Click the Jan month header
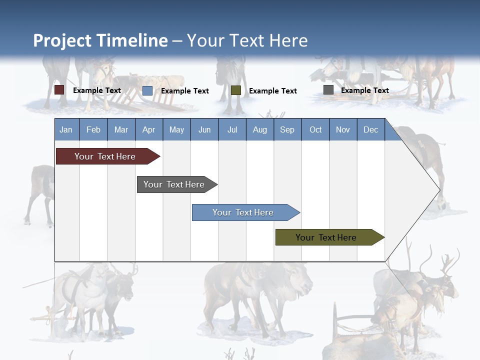[66, 129]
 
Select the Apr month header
[148, 129]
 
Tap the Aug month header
[259, 129]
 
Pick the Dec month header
[370, 129]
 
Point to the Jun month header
[204, 129]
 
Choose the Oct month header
[315, 129]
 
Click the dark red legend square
[59, 90]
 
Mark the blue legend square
[147, 90]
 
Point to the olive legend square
[236, 90]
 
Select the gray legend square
[328, 90]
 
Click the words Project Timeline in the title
[100, 40]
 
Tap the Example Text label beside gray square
[364, 90]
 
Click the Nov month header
[342, 129]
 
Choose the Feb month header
[93, 129]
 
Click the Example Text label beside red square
[96, 90]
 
